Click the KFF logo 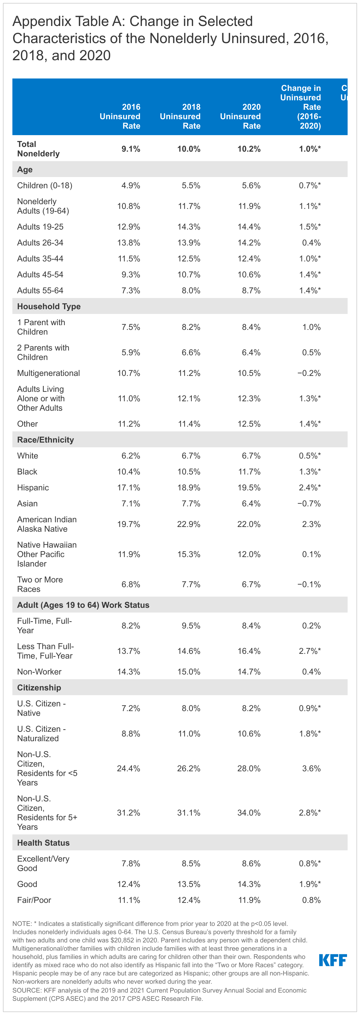[333, 960]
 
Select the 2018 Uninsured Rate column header [180, 116]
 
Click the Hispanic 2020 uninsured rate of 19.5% [249, 487]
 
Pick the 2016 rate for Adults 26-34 [129, 243]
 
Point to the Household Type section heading [49, 306]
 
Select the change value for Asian [309, 504]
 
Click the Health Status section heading [43, 842]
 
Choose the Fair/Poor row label [34, 900]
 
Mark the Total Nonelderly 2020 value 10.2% [249, 149]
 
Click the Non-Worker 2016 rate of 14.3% [129, 672]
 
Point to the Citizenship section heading [39, 687]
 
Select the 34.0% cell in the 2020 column [249, 813]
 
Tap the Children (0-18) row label [45, 185]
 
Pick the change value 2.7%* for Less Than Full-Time [310, 651]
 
